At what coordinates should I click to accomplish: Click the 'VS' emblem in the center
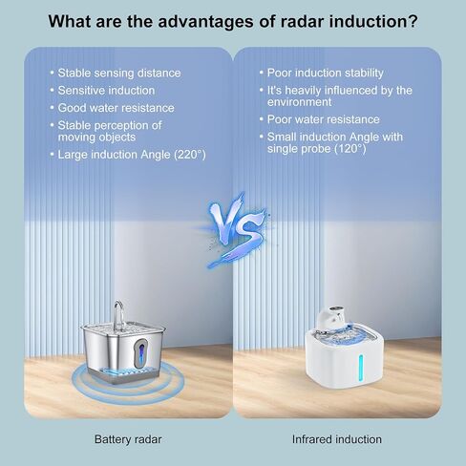coord(236,230)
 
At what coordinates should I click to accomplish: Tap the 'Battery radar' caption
coord(128,439)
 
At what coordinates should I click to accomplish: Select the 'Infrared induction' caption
coord(337,439)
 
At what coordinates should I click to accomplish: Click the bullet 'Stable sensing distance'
coord(119,73)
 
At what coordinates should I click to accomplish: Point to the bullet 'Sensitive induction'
coord(106,91)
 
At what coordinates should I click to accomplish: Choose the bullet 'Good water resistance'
coord(116,108)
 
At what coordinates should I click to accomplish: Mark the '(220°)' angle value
coord(190,155)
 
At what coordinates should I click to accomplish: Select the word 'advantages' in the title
coord(205,22)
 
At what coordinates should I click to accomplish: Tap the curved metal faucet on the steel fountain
coord(119,315)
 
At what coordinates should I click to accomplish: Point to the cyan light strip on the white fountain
coord(361,367)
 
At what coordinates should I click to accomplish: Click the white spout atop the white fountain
coord(330,316)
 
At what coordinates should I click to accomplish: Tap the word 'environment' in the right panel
coord(299,102)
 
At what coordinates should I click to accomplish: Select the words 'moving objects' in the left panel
coord(96,138)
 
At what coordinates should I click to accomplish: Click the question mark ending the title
coord(413,22)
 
